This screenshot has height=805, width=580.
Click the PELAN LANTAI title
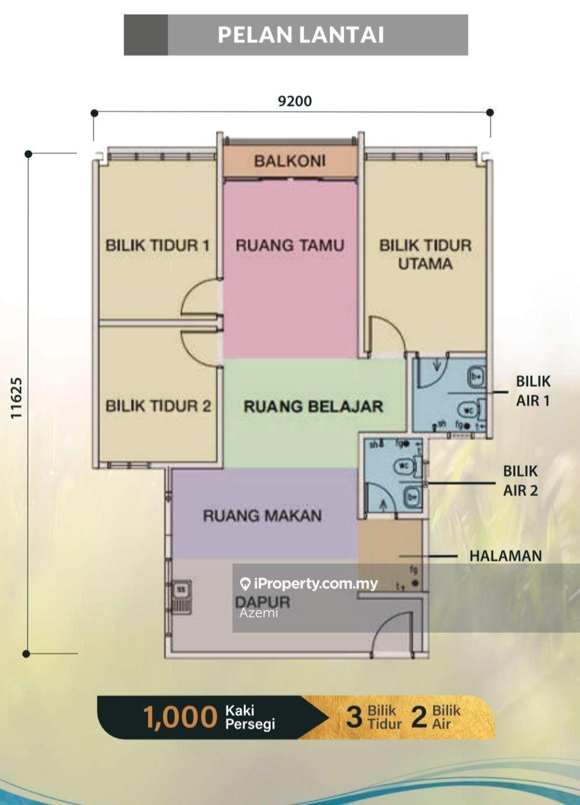coord(300,35)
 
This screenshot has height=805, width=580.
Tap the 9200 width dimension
coord(295,101)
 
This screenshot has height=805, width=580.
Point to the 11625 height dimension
coord(16,398)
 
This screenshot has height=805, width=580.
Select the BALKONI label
coord(290,161)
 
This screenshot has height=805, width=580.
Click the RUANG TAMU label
coord(290,245)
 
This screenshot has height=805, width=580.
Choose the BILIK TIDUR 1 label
coord(157,245)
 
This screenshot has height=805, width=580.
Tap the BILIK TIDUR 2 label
coord(158,406)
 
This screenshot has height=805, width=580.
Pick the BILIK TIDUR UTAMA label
coord(425,254)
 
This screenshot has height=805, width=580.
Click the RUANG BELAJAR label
coord(313,406)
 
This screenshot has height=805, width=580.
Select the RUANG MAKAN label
coord(262,516)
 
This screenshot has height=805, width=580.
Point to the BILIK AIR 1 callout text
coord(533,391)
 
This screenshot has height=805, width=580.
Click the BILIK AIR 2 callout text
coord(520,480)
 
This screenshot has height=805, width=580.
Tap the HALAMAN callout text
coord(505,556)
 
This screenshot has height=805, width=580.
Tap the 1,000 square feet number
coord(180,718)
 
